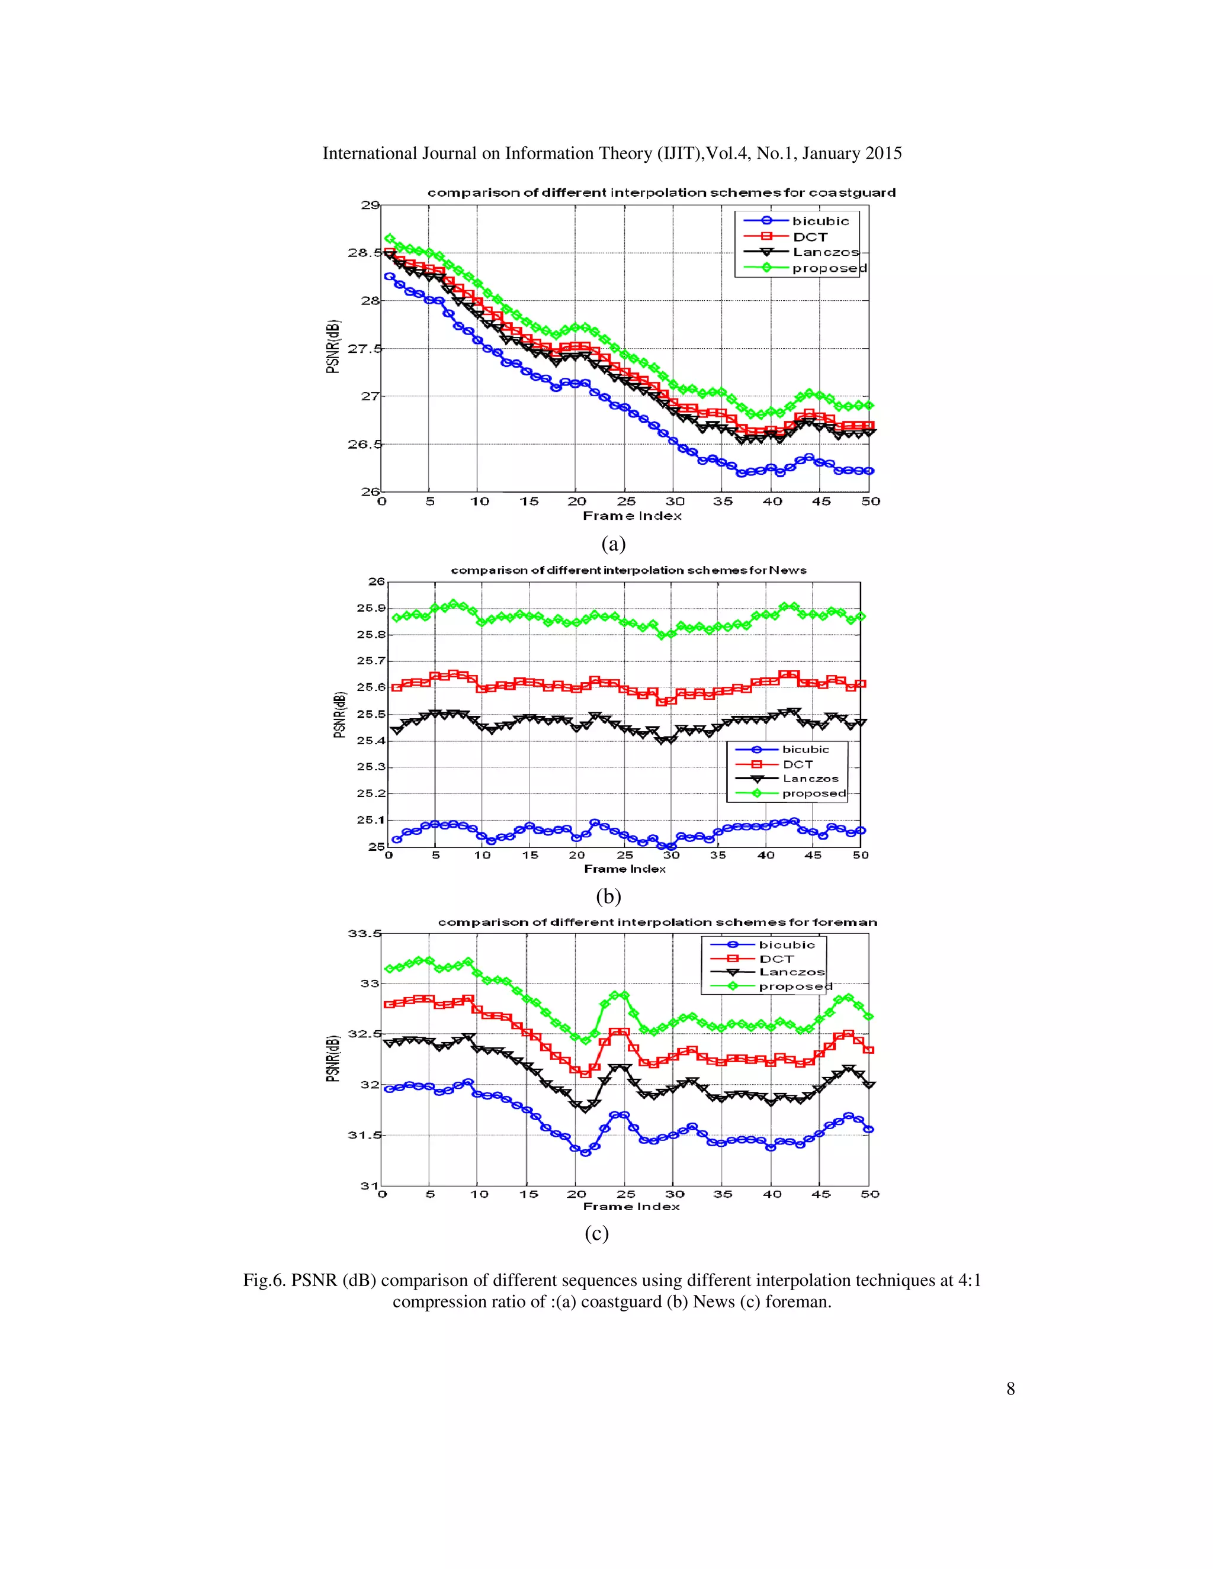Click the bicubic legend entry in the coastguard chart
820,221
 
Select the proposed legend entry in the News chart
813,793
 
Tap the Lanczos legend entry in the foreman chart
792,972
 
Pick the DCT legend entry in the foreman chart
776,959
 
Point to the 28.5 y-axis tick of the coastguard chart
364,253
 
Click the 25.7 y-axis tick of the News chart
371,661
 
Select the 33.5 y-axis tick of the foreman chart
364,934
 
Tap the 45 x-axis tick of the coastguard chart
821,501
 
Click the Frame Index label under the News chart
624,869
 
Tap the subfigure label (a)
613,544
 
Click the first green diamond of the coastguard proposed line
390,239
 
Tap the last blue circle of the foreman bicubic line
869,1129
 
